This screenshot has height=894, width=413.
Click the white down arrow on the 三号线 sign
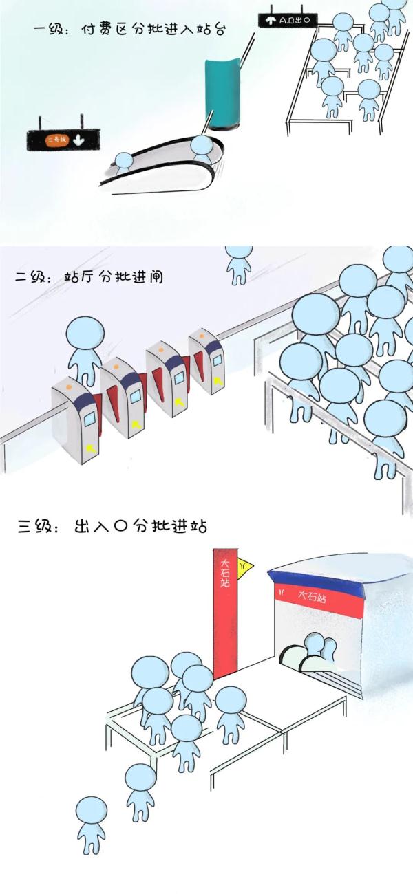coord(78,140)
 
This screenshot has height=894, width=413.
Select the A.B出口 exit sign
coord(287,21)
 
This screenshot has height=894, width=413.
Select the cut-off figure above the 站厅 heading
coord(239,263)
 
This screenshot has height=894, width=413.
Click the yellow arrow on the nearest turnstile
coord(91,447)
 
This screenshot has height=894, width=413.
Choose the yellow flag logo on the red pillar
coord(244,567)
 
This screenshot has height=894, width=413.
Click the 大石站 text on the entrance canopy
coord(311,596)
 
